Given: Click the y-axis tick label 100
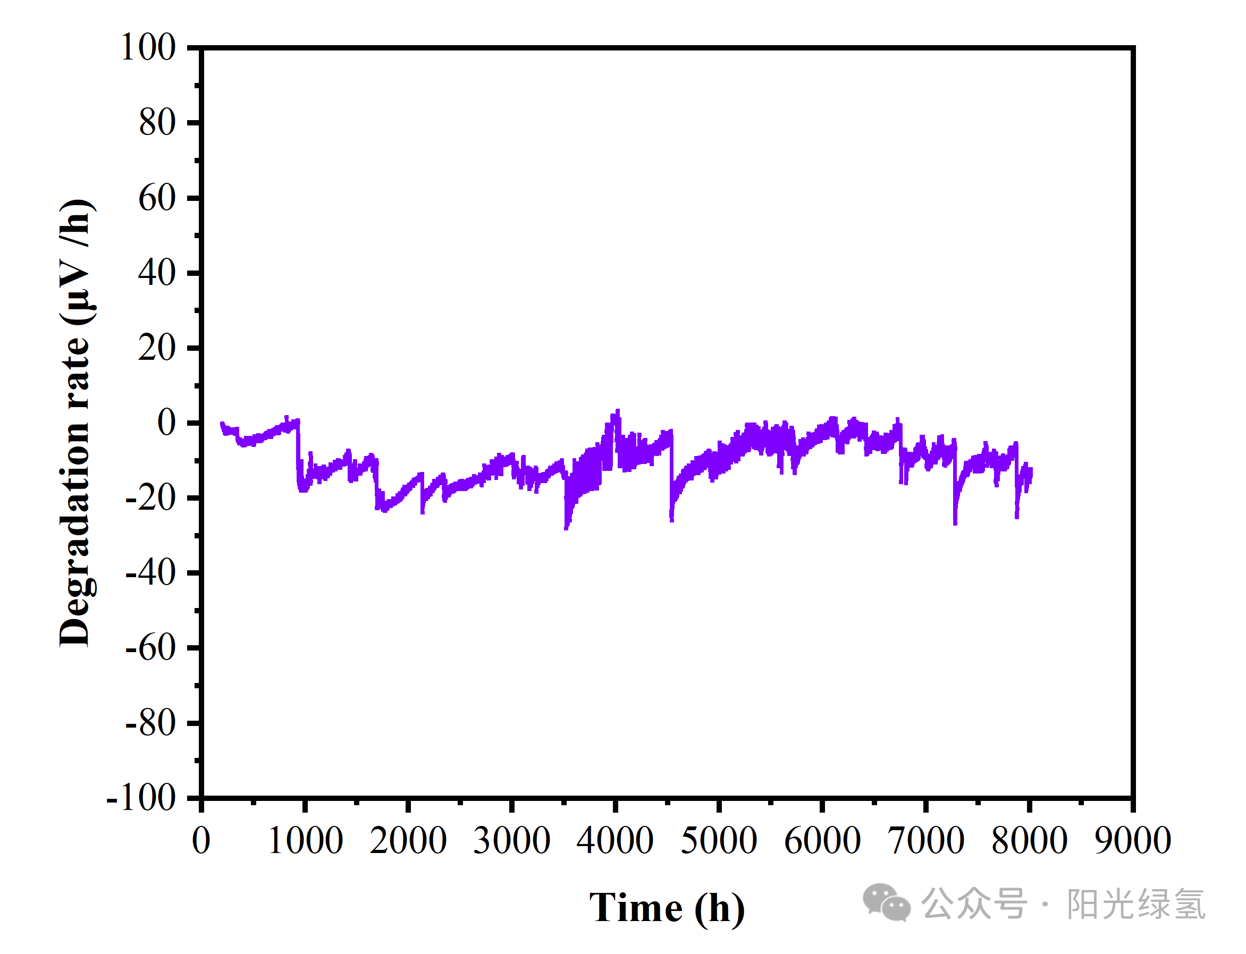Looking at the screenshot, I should click(x=148, y=47).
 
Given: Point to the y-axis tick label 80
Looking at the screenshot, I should click(x=157, y=122).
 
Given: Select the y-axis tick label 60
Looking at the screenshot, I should click(x=157, y=198).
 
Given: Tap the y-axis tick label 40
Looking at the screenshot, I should click(x=157, y=273).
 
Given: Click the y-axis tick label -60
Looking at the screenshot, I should click(x=150, y=647).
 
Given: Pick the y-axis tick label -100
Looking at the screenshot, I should click(x=141, y=798).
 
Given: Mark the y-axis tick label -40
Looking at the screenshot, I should click(x=150, y=572).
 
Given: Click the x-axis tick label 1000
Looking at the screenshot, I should click(x=305, y=840).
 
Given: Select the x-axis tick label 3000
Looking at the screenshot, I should click(x=512, y=840).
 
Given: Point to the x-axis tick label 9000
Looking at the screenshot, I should click(x=1133, y=840).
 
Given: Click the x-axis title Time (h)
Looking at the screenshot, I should click(x=667, y=908).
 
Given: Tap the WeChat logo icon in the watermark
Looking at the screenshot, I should click(x=887, y=902).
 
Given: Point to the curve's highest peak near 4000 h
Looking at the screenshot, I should click(x=617, y=411).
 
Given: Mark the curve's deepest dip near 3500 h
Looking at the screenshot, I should click(x=566, y=528).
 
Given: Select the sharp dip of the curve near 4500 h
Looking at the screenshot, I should click(x=672, y=519).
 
